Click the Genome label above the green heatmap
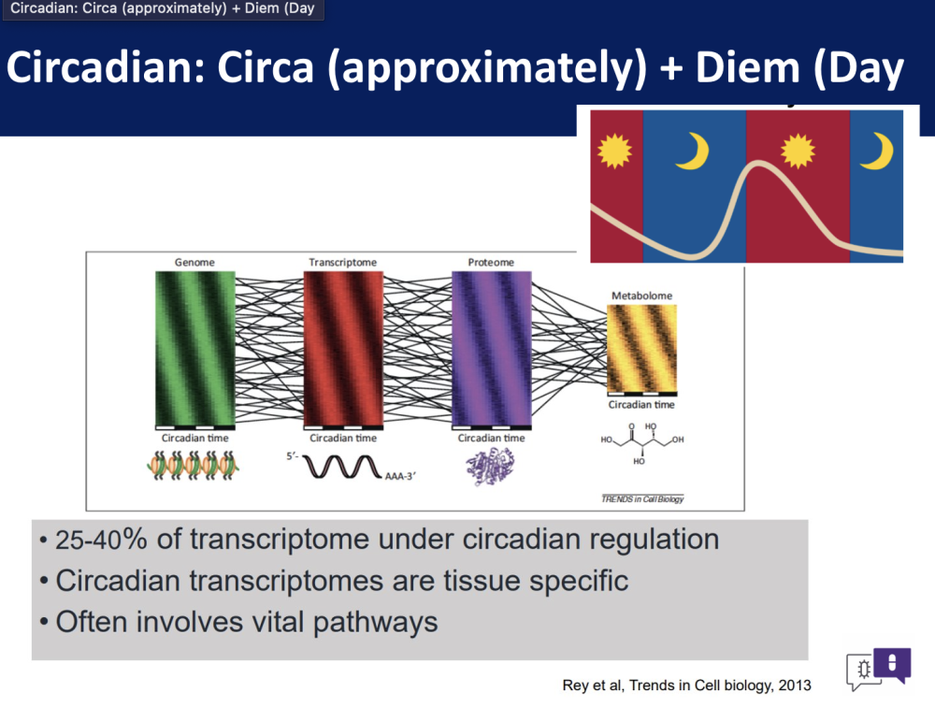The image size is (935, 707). pos(194,262)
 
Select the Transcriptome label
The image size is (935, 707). pos(343,262)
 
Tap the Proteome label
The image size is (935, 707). pos(491,262)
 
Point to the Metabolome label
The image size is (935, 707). pos(641,296)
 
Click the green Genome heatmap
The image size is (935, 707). pos(195,349)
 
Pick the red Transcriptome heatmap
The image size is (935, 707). pos(343,349)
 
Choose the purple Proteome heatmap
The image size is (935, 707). pos(492,349)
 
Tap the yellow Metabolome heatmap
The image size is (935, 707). pos(641,349)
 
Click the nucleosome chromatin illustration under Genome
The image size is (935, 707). pos(194,466)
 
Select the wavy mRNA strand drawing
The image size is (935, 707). pos(342,467)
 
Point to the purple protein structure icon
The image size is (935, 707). pos(490,467)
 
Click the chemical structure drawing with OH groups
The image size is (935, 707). pos(642,444)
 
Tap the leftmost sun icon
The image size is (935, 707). pos(614,151)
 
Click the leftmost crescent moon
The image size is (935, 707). pos(694,151)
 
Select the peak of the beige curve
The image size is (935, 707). pos(757,164)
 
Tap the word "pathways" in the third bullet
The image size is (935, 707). pos(376,622)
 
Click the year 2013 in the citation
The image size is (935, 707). pos(794,685)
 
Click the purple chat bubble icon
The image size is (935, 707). pos(892,663)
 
